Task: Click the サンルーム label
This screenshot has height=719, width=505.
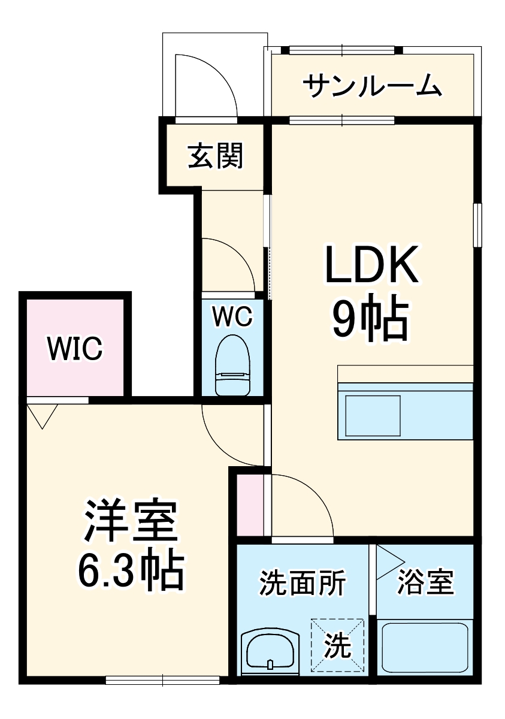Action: [x=372, y=86]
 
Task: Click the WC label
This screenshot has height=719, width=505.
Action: [x=233, y=317]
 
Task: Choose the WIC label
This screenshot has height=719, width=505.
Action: [x=75, y=348]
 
